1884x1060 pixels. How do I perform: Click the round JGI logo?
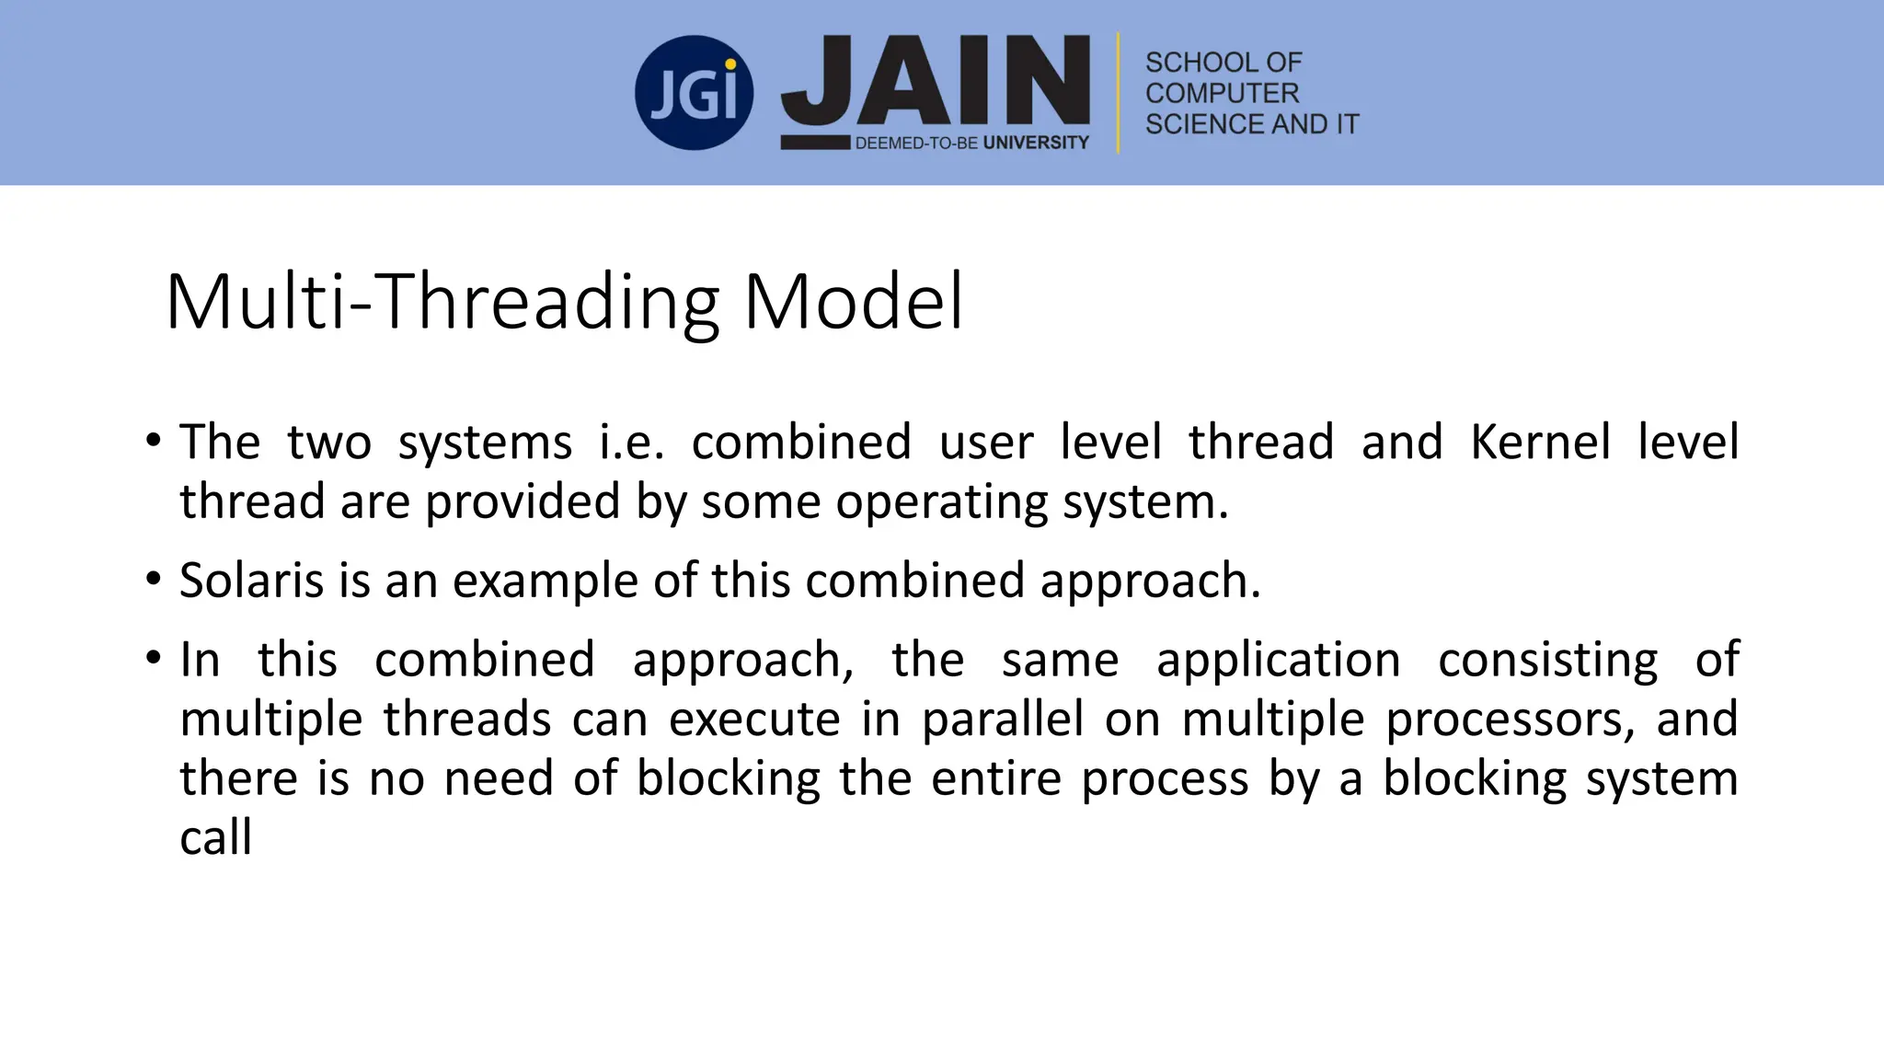click(695, 93)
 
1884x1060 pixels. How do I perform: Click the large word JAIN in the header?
click(936, 81)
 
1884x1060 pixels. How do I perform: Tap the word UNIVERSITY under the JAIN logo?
click(1036, 143)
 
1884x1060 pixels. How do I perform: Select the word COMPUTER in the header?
click(1222, 93)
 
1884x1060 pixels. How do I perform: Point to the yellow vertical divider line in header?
click(1119, 93)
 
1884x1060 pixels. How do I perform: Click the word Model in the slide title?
click(854, 302)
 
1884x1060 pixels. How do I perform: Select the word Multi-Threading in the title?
click(442, 302)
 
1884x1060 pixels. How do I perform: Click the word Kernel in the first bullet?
click(1540, 442)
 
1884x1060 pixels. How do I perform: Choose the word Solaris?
click(252, 581)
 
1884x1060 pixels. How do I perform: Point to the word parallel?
click(1003, 719)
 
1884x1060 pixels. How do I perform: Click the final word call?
click(215, 837)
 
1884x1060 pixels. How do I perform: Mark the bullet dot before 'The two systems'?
click(154, 442)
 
